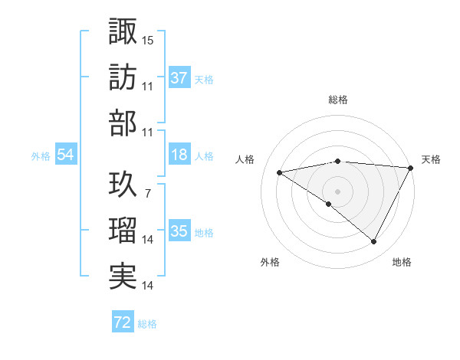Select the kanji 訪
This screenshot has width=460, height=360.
pyautogui.click(x=123, y=77)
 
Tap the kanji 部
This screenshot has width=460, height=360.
pyautogui.click(x=123, y=123)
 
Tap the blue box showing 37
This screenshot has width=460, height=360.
pyautogui.click(x=179, y=77)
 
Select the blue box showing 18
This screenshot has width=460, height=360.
pyautogui.click(x=179, y=155)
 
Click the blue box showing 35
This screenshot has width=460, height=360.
pyautogui.click(x=179, y=231)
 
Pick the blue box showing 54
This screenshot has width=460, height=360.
pyautogui.click(x=65, y=155)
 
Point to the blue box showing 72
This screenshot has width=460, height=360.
pyautogui.click(x=123, y=322)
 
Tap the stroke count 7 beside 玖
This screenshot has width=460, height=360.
pyautogui.click(x=148, y=194)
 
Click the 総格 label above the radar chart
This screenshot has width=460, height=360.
pyautogui.click(x=338, y=100)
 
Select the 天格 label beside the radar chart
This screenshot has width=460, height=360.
pyautogui.click(x=431, y=159)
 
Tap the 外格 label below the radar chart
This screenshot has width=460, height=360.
pyautogui.click(x=270, y=262)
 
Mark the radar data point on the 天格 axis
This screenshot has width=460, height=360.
pyautogui.click(x=412, y=168)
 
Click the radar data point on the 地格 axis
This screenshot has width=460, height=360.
pyautogui.click(x=374, y=242)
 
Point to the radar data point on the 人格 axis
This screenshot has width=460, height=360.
pyautogui.click(x=280, y=172)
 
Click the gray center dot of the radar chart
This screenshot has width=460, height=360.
pyautogui.click(x=338, y=191)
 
